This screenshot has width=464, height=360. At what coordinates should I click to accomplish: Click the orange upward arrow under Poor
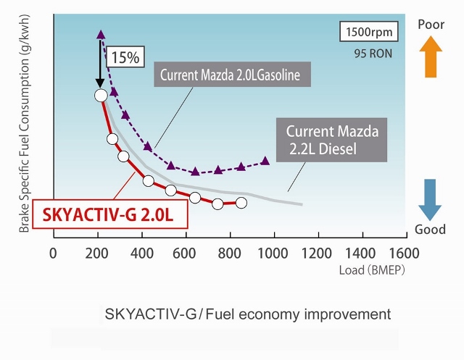pos(431,58)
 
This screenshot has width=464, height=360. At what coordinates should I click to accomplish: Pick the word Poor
pos(431,25)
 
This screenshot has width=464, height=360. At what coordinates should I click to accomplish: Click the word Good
pos(431,230)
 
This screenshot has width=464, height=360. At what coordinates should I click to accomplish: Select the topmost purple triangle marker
pos(101,34)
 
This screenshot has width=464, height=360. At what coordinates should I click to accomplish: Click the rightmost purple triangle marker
pos(265,161)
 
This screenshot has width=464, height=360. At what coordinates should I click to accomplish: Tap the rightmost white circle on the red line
pos(241,203)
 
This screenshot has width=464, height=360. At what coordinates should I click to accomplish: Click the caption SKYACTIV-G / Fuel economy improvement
pos(248,314)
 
